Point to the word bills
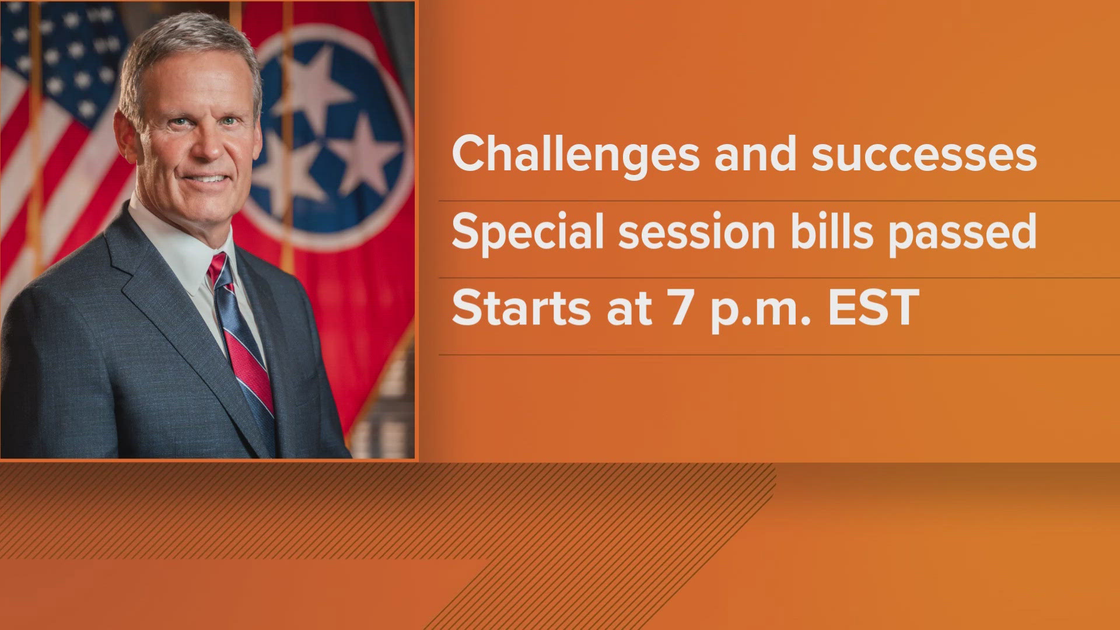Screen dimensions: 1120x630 [x=832, y=231]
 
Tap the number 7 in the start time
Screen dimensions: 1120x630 [x=681, y=308]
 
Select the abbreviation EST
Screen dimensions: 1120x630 [x=874, y=308]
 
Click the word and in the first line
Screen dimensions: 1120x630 [x=755, y=154]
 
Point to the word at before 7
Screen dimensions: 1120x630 [x=629, y=310]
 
